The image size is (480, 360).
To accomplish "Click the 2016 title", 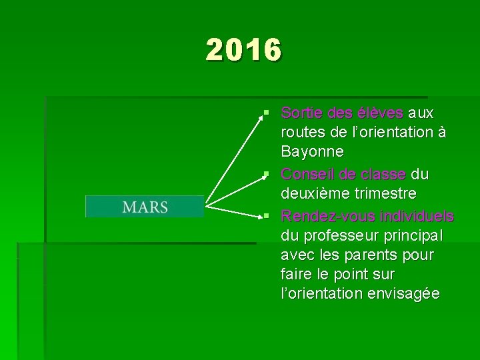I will point(244,50).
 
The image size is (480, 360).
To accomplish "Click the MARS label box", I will point(145,207).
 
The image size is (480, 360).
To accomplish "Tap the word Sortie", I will point(299,113).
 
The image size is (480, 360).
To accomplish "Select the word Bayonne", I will point(313,152).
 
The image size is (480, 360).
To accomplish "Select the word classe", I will point(383,175).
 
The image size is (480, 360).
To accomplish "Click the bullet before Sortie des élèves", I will point(266,112).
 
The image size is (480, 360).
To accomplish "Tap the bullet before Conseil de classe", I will point(266,174).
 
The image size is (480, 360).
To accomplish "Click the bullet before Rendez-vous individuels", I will point(266,216).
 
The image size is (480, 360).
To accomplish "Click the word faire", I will point(297,275).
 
